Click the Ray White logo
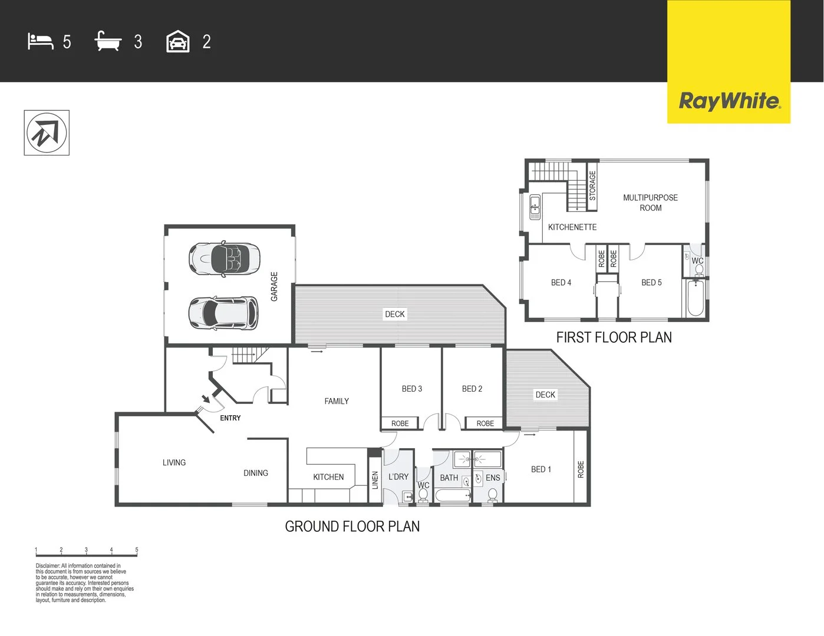click(x=729, y=101)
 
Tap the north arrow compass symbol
click(x=47, y=132)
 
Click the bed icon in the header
click(x=40, y=42)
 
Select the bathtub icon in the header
click(x=108, y=42)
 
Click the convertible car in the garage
click(x=224, y=258)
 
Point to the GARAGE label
click(x=274, y=286)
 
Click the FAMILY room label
click(x=337, y=401)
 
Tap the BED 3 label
click(x=412, y=389)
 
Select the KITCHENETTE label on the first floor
click(x=572, y=227)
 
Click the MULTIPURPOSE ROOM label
click(x=650, y=203)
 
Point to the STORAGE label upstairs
click(x=592, y=185)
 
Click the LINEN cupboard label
click(x=375, y=480)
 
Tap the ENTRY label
click(x=230, y=418)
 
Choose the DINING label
click(x=256, y=473)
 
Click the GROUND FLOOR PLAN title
click(x=352, y=526)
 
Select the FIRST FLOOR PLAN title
click(x=614, y=337)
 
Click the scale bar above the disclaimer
click(x=86, y=553)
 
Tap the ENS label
click(x=493, y=478)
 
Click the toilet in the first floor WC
click(x=698, y=270)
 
